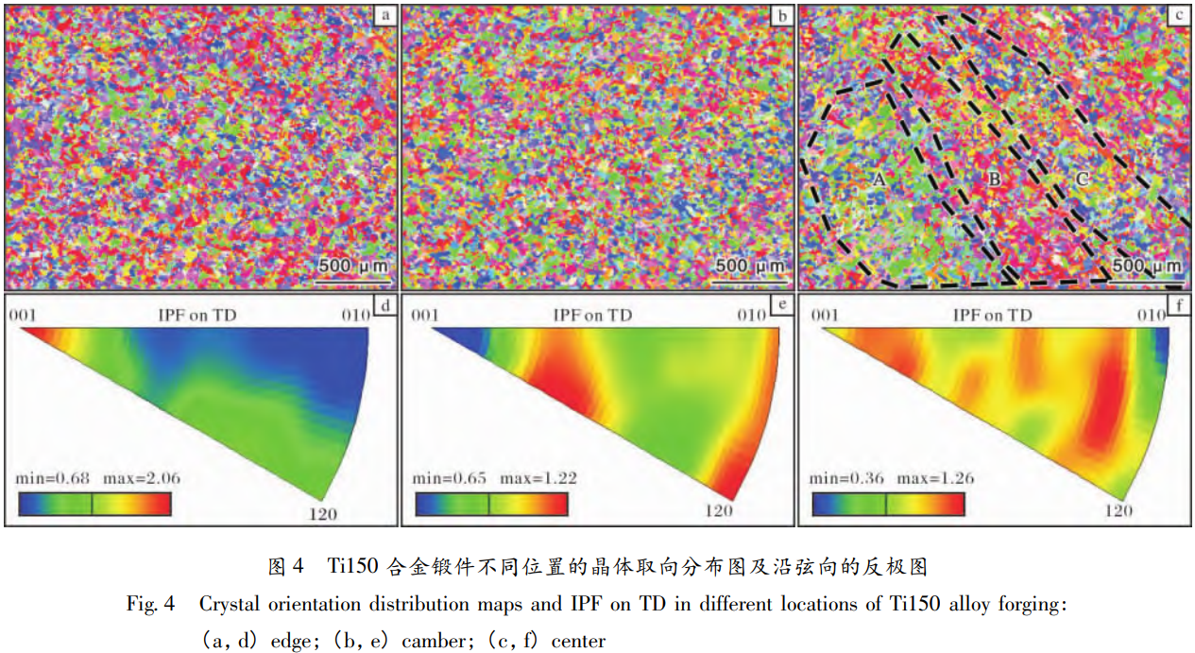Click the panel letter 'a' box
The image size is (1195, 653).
click(x=385, y=15)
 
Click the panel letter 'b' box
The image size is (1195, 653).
click(x=781, y=15)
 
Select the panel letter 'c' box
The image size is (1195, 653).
click(x=1178, y=15)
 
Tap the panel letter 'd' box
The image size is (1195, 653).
click(x=385, y=306)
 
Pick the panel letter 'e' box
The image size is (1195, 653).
click(x=781, y=306)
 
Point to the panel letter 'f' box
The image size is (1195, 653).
click(x=1178, y=306)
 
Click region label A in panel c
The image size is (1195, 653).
click(x=877, y=180)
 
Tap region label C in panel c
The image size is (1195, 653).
click(x=1083, y=179)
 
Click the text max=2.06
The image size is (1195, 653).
click(x=142, y=478)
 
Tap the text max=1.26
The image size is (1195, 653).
click(x=935, y=478)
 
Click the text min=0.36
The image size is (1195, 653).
click(x=848, y=478)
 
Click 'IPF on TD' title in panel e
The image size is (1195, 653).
click(x=592, y=316)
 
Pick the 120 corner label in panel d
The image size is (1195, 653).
click(x=324, y=514)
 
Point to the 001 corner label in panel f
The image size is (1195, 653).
click(x=825, y=316)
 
